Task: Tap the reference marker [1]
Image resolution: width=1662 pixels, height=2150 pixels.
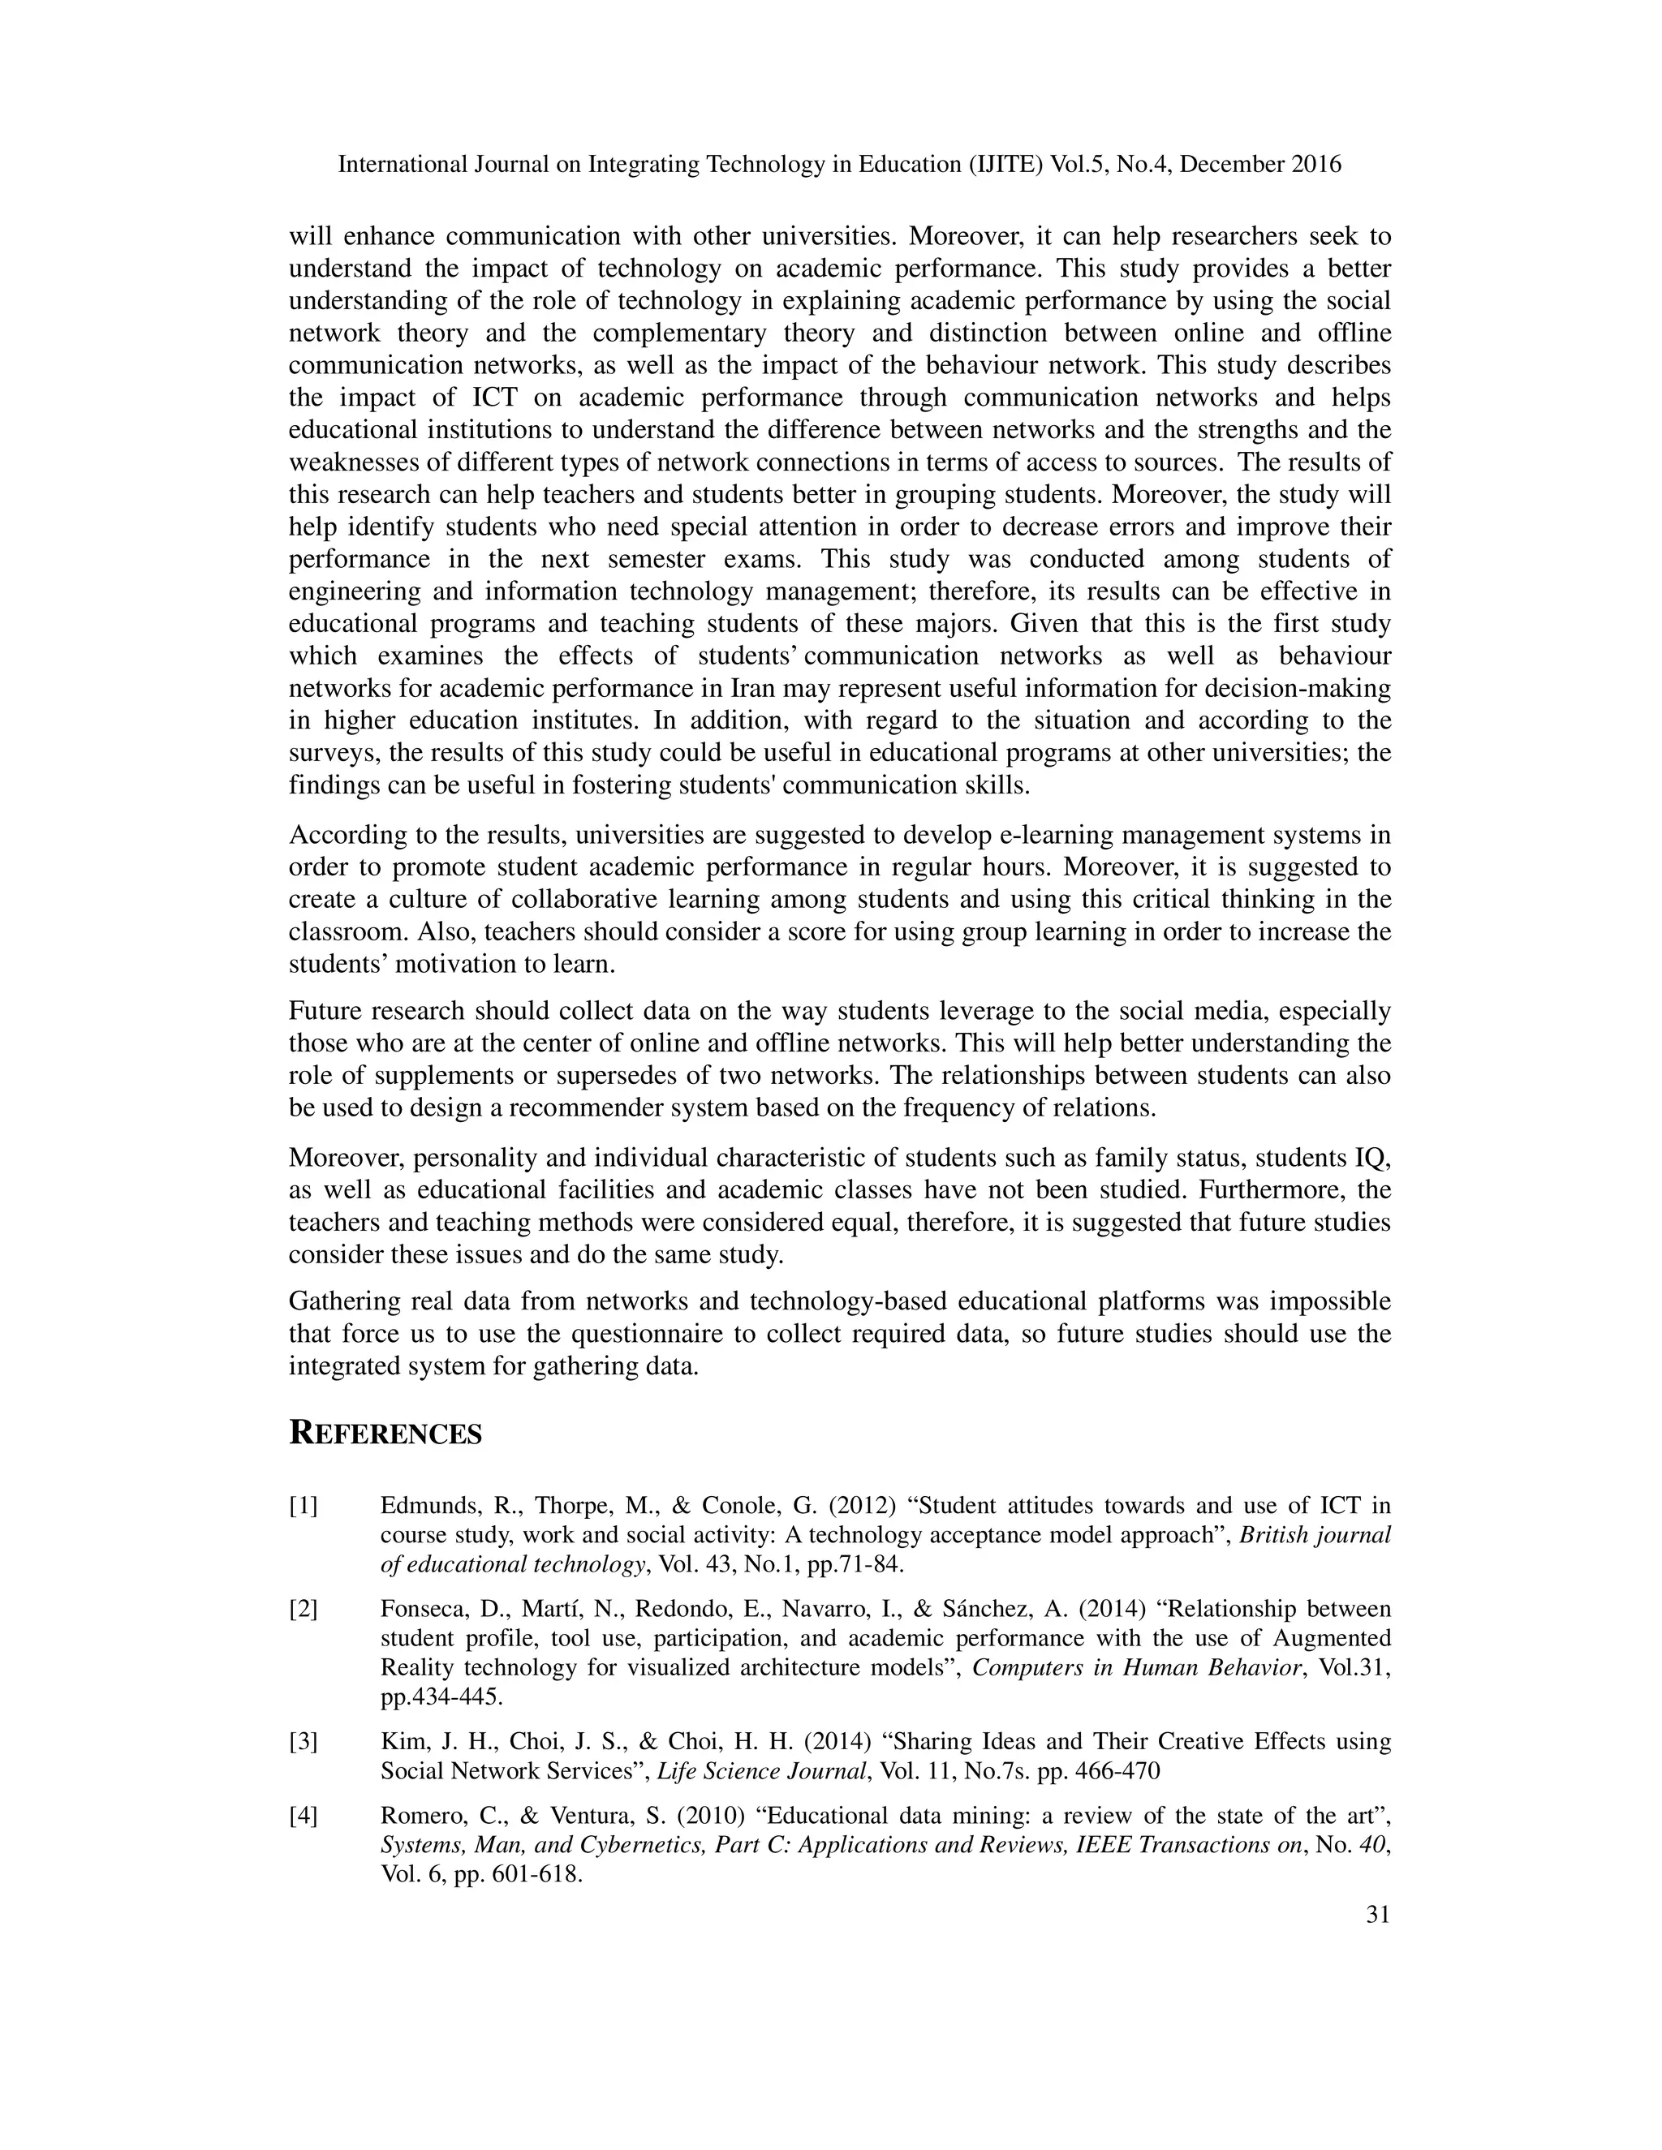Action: point(304,1506)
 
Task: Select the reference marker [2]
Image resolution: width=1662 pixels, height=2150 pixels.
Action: point(304,1610)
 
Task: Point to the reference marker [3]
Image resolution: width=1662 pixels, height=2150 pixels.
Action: point(304,1741)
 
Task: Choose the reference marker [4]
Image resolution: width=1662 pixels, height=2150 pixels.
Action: point(304,1815)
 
